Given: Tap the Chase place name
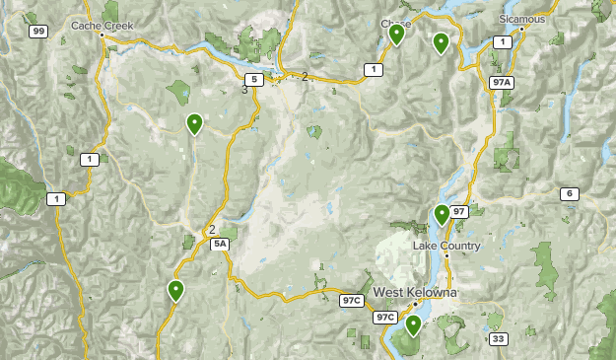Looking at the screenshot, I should click(x=395, y=23).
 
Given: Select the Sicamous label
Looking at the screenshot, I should click(x=521, y=19).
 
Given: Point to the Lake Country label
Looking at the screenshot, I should click(x=446, y=246).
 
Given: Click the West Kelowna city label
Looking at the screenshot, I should click(x=414, y=293).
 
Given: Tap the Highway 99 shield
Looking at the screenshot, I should click(x=38, y=32).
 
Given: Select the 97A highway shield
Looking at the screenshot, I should click(x=502, y=83).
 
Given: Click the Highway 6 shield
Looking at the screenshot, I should click(x=570, y=193).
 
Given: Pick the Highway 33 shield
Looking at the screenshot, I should click(x=500, y=339).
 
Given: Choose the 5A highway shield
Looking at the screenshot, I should click(x=220, y=244).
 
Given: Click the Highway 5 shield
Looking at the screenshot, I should click(x=254, y=79).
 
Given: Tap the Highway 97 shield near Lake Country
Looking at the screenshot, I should click(x=459, y=211).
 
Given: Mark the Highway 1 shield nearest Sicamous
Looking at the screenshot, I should click(x=503, y=41).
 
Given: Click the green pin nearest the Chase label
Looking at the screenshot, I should click(x=396, y=35).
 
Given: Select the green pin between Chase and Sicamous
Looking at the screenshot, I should click(x=441, y=42).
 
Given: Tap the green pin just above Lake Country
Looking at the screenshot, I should click(x=442, y=213).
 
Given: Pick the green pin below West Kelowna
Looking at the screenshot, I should click(x=413, y=324).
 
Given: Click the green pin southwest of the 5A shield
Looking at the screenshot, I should click(x=175, y=290).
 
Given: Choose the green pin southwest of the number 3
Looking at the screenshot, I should click(x=194, y=123).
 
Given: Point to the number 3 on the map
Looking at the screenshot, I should click(x=244, y=90).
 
